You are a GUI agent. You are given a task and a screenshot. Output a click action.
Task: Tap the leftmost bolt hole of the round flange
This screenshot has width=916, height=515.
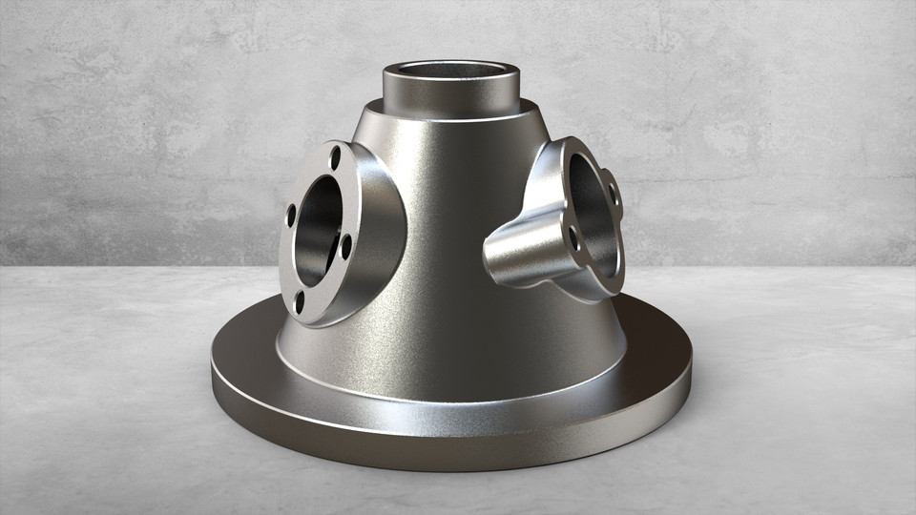[x=291, y=216]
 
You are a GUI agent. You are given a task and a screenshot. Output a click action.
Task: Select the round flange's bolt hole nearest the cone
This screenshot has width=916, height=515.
[x=346, y=247]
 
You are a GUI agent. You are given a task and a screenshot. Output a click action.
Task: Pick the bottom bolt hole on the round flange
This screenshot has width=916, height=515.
[x=300, y=302]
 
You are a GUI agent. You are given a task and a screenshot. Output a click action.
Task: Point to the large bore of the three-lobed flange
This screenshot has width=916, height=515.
[x=589, y=200]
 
